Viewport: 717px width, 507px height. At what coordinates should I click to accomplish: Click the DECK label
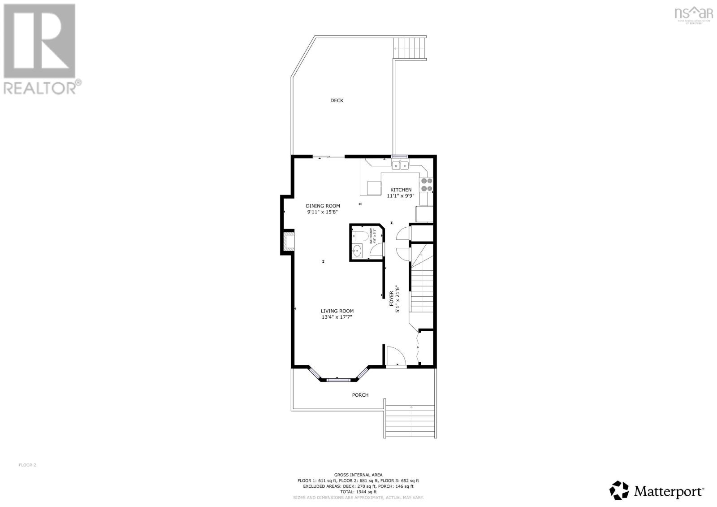click(337, 100)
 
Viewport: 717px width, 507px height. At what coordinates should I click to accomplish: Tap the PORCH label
click(360, 395)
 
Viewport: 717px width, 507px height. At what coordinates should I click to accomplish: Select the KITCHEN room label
click(401, 190)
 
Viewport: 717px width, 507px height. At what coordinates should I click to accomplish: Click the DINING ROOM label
click(323, 206)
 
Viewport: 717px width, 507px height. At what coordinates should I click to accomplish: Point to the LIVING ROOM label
click(337, 311)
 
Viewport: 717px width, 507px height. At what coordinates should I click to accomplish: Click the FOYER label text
click(391, 299)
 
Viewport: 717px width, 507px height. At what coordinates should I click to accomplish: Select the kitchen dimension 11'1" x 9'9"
click(401, 195)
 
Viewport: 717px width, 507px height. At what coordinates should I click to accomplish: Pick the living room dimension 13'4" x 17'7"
click(337, 317)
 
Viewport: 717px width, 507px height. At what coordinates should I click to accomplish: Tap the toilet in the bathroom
click(358, 235)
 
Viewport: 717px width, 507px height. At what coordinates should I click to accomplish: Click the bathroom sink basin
click(357, 251)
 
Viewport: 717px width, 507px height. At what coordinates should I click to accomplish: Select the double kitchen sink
click(400, 166)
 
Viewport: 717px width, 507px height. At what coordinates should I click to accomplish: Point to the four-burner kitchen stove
click(426, 184)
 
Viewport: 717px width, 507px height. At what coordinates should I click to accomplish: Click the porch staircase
click(410, 421)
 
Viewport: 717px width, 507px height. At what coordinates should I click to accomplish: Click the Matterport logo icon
click(620, 490)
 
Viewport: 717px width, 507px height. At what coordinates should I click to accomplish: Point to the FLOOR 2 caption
click(27, 465)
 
